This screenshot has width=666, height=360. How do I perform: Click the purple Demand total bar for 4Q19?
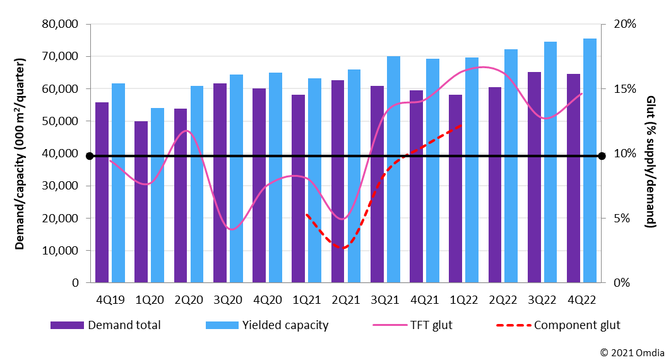pos(102,192)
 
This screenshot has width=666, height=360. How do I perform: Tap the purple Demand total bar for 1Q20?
pos(141,201)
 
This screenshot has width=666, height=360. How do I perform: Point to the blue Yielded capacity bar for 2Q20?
pos(197,184)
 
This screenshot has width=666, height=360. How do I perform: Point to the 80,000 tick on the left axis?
pos(59,25)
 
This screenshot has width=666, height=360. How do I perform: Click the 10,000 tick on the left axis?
pos(59,251)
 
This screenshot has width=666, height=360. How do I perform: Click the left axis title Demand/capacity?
pos(21,153)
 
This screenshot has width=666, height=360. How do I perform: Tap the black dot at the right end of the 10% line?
pos(602,156)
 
